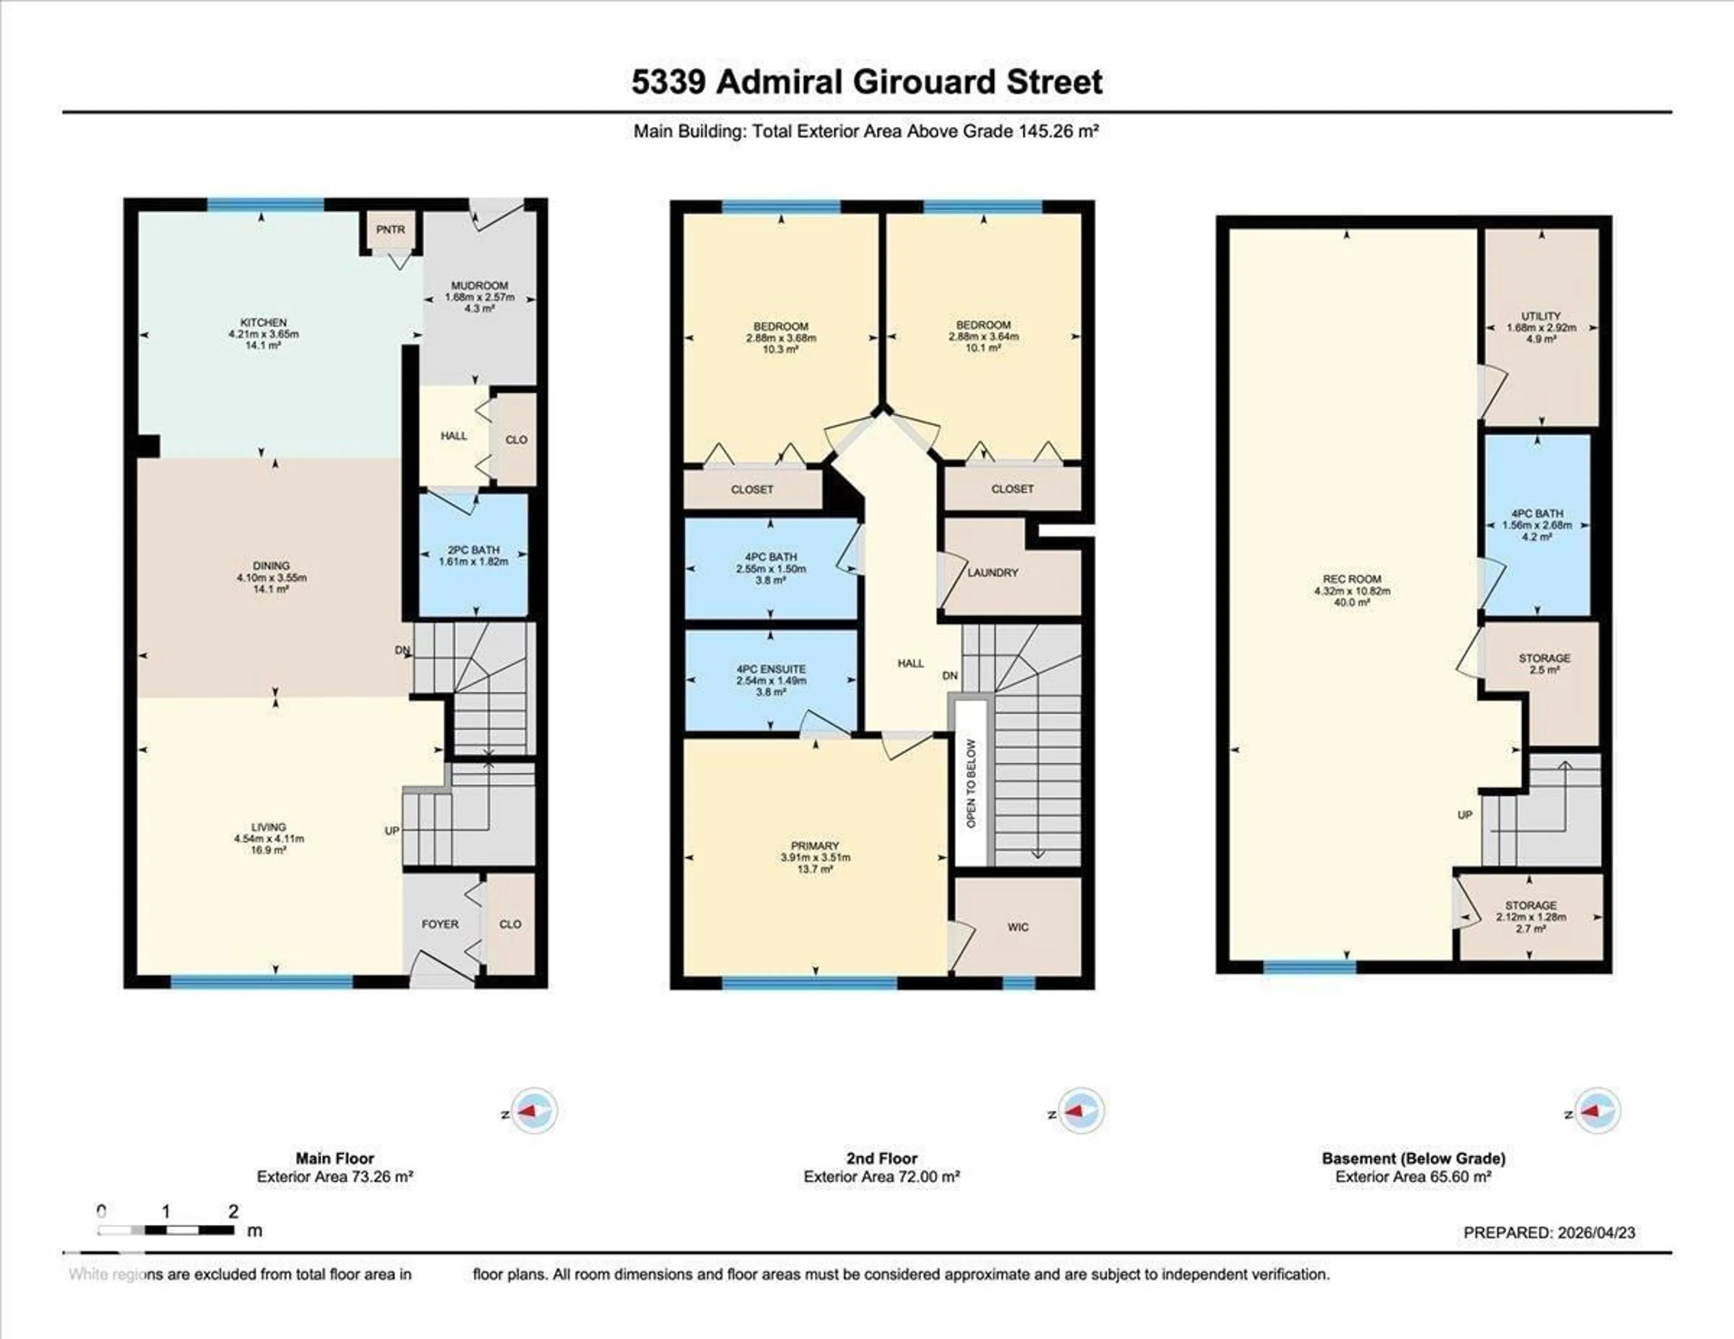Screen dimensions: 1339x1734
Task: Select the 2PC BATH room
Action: pos(473,555)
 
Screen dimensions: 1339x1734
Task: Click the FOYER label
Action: pos(440,924)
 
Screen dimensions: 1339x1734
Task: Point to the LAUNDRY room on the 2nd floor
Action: pos(993,572)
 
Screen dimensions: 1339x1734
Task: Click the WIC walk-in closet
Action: pos(1018,927)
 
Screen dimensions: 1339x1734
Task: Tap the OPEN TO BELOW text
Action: pos(971,783)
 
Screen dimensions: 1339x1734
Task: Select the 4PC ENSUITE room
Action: pos(771,680)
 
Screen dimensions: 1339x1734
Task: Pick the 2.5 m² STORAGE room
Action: pos(1544,664)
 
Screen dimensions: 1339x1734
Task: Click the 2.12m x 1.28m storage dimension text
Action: pos(1531,917)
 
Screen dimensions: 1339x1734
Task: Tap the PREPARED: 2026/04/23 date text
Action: pos(1549,1232)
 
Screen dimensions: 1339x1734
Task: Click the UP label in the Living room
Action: pos(392,830)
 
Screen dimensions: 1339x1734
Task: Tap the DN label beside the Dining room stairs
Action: pos(402,650)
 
